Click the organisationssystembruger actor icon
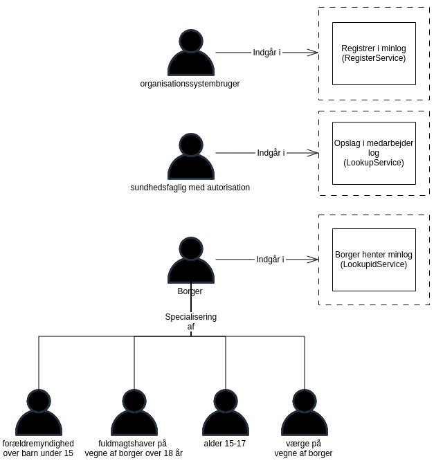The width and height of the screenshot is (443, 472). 191,54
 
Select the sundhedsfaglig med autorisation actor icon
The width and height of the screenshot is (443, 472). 191,158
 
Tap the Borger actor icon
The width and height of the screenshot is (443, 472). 191,262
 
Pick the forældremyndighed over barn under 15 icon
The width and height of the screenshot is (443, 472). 39,414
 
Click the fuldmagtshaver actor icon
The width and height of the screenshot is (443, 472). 134,414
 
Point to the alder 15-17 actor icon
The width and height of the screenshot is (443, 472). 226,414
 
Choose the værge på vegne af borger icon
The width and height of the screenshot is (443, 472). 305,414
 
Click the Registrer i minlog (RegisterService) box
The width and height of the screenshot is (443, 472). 374,53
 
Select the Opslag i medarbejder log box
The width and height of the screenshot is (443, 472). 374,153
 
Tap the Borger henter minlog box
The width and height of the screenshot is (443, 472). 374,260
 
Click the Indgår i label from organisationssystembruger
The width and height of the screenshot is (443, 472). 266,53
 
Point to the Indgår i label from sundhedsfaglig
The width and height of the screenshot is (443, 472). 271,153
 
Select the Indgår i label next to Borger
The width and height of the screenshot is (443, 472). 270,260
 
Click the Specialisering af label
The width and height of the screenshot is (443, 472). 191,322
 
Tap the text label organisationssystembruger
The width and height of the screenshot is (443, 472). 190,84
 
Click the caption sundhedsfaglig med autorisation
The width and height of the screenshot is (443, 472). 190,188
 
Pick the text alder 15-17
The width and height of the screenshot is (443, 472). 225,444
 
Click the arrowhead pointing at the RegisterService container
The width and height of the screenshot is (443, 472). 314,53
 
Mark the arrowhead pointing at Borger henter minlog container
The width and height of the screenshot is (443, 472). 314,260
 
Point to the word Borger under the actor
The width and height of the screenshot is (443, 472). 190,291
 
